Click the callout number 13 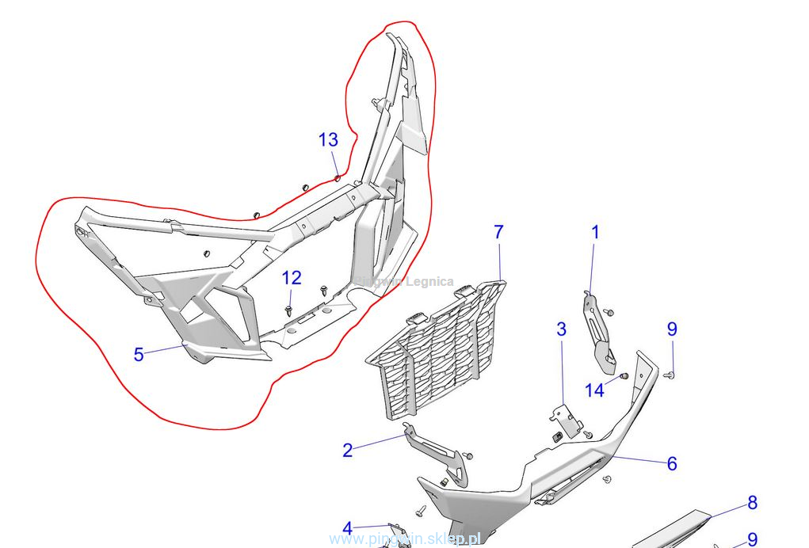(x=328, y=140)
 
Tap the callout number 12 (x=292, y=278)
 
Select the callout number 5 (x=139, y=355)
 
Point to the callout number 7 (x=498, y=233)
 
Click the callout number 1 (x=595, y=233)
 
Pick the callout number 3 (x=561, y=329)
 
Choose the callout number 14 (x=594, y=390)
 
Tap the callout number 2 (x=347, y=451)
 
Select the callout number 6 (x=672, y=464)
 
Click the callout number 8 (x=752, y=503)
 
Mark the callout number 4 (x=347, y=528)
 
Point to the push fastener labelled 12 (x=291, y=306)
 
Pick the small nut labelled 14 (x=624, y=375)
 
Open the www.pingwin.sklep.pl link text (x=405, y=539)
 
